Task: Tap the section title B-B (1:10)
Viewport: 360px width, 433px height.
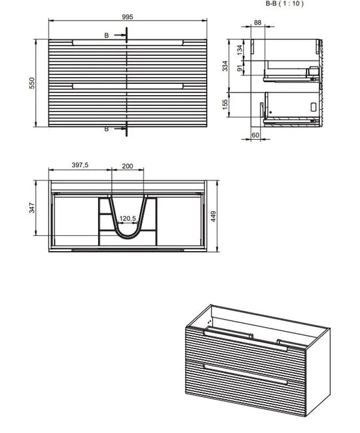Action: point(284,3)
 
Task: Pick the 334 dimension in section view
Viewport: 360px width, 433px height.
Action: point(225,65)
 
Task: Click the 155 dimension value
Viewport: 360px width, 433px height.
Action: point(225,105)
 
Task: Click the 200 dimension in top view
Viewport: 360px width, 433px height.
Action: point(127,165)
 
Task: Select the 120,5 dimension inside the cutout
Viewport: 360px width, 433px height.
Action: point(127,218)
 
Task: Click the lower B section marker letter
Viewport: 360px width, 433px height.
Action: point(106,129)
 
